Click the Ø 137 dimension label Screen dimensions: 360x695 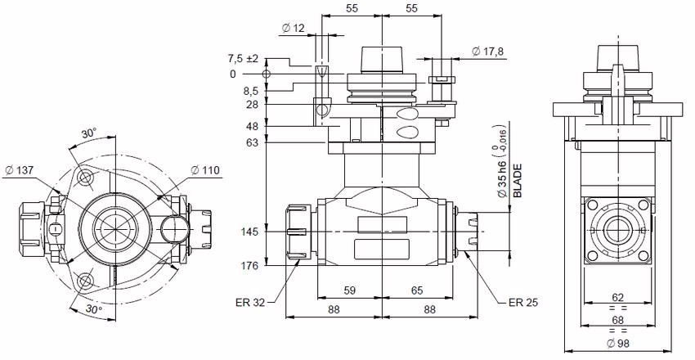19,169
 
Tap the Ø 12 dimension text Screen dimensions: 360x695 292,29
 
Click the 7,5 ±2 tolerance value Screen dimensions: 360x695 242,59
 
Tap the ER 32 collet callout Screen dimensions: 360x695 249,303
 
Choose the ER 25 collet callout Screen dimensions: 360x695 521,302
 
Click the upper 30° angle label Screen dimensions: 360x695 88,133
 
